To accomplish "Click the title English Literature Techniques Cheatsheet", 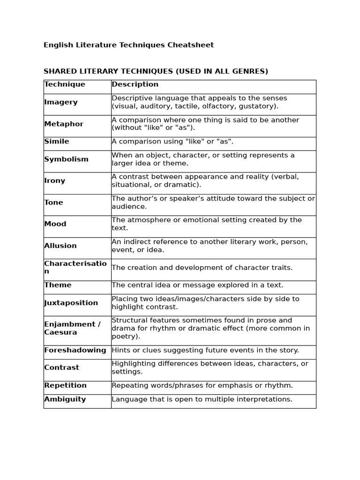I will point(128,45).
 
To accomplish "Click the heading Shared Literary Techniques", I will point(156,71).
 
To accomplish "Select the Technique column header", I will point(65,84).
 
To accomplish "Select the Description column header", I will point(135,84).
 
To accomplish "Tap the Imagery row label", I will point(61,102).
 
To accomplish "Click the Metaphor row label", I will point(64,124).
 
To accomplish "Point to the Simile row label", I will point(57,142).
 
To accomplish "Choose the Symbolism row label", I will point(66,159).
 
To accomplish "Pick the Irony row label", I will point(55,181).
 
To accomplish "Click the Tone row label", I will point(53,202).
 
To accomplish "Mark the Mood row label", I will point(55,224).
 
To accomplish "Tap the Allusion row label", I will point(60,246).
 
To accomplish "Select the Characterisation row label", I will point(75,267).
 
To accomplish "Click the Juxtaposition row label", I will point(71,303).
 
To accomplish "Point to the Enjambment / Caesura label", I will point(72,328).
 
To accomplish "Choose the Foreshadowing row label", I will point(75,350).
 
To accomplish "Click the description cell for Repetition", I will point(202,385).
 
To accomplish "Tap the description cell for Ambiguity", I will point(202,399).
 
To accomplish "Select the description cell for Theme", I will point(197,285).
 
